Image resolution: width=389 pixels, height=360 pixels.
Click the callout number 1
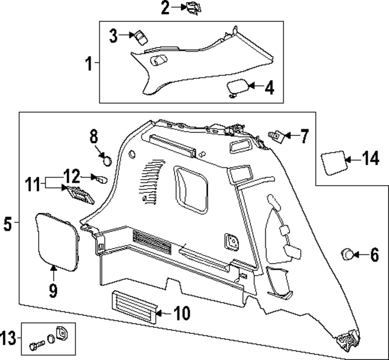(89, 63)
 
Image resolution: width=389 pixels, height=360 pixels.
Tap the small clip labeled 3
(140, 36)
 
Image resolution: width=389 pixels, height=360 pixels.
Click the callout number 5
(7, 225)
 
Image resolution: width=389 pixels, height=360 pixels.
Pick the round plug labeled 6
(348, 254)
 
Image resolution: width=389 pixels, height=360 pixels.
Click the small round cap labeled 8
(106, 160)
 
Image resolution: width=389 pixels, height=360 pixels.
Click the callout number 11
(33, 182)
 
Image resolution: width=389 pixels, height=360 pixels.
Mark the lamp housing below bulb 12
(76, 193)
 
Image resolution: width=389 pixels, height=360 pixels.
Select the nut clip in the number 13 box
(61, 334)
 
